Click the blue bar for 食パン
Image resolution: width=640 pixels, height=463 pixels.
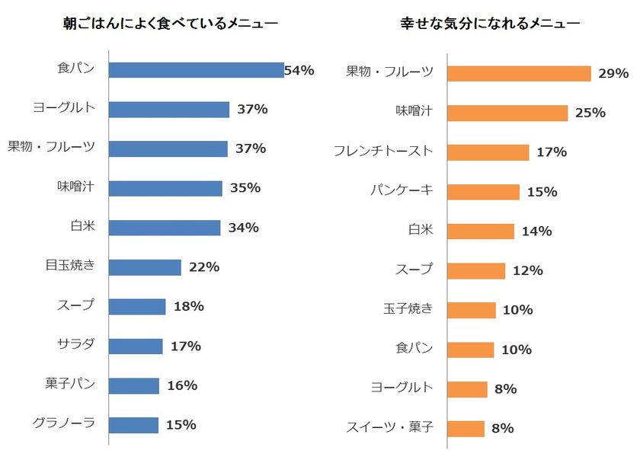196,70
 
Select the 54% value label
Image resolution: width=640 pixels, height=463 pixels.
299,70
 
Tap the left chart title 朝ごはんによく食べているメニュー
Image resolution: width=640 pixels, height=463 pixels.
170,24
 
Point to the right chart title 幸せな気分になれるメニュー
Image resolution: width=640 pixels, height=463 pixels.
490,24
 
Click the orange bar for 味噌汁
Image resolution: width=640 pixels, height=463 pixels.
507,113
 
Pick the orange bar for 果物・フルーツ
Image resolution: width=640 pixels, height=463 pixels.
519,73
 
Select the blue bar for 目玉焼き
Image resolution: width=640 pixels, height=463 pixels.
145,267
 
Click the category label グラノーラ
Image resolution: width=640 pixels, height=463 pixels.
64,423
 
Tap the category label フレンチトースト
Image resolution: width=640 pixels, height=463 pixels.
383,152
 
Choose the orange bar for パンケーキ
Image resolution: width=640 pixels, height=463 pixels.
483,192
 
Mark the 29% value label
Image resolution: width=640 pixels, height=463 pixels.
613,73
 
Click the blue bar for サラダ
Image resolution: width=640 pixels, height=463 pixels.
136,346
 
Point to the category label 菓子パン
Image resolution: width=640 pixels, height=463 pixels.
70,384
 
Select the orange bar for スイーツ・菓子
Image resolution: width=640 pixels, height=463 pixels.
466,429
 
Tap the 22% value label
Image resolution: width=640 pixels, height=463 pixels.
204,267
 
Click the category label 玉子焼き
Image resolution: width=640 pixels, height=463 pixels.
408,309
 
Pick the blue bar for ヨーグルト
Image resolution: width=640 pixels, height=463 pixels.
168,110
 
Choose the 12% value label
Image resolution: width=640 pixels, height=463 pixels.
527,270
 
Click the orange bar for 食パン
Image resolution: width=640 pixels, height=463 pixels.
470,350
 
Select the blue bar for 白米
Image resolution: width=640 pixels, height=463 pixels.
165,228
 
